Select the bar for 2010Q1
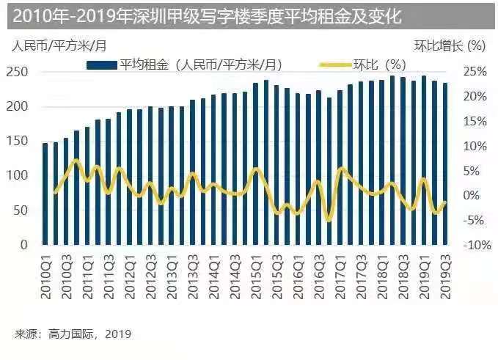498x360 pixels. [45, 194]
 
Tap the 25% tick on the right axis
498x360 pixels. [474, 72]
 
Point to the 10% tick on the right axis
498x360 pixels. [474, 146]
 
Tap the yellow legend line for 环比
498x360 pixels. [333, 65]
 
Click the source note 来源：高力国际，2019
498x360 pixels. [73, 334]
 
